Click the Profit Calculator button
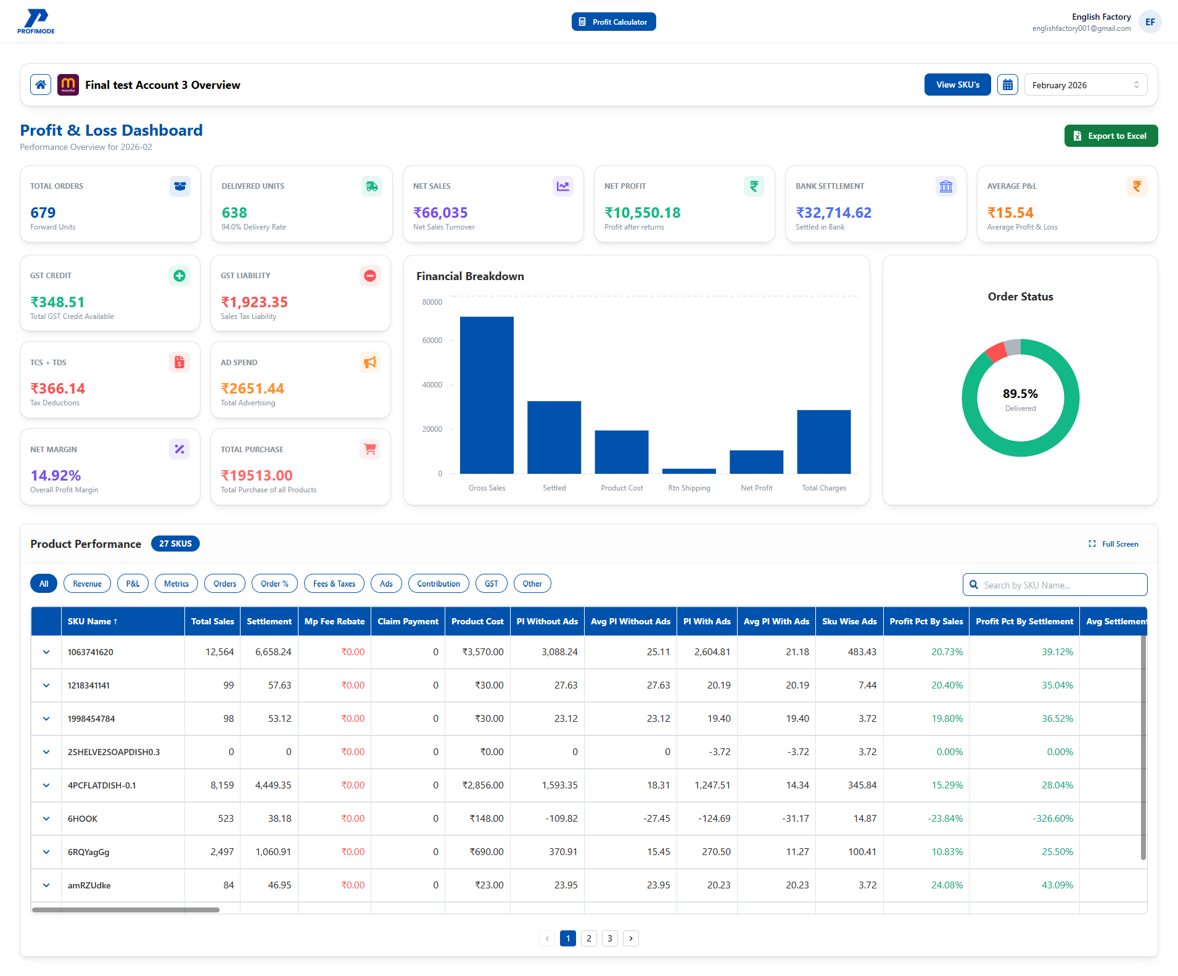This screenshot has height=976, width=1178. pos(613,22)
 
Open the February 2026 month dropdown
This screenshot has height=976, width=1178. pos(1085,85)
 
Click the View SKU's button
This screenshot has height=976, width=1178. pos(957,85)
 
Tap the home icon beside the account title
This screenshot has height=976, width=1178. pos(41,85)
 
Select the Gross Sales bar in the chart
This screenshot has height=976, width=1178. pos(487,395)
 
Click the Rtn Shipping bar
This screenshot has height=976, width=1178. pos(689,471)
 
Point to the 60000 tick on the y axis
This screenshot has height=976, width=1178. pos(432,341)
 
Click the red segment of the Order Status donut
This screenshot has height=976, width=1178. pos(995,352)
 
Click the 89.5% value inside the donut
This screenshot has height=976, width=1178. pos(1019,394)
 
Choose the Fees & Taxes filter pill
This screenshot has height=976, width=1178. pos(334,584)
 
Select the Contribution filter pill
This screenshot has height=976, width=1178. pos(438,584)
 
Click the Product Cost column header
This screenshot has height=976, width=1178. pos(477,621)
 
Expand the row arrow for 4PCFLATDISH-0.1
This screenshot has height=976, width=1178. pos(46,785)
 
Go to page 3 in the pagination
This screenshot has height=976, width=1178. pos(609,938)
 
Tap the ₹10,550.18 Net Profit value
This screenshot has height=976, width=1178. pos(642,213)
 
